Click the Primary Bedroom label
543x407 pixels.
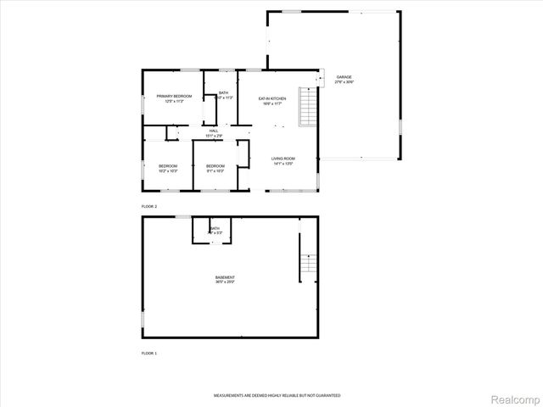pyautogui.click(x=174, y=97)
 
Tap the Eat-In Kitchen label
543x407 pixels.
pyautogui.click(x=272, y=99)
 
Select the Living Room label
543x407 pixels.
pyautogui.click(x=283, y=159)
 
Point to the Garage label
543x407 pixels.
pyautogui.click(x=344, y=77)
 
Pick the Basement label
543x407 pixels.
pyautogui.click(x=225, y=277)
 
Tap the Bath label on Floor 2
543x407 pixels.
pyautogui.click(x=223, y=92)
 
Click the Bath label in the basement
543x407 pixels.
pyautogui.click(x=215, y=228)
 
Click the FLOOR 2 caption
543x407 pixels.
pyautogui.click(x=149, y=206)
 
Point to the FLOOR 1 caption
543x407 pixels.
pyautogui.click(x=149, y=352)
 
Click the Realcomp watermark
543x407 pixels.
pyautogui.click(x=516, y=397)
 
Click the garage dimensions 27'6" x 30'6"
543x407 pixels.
pyautogui.click(x=344, y=82)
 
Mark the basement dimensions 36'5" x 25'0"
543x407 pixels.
pyautogui.click(x=225, y=282)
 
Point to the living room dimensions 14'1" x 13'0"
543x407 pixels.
pyautogui.click(x=283, y=164)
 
